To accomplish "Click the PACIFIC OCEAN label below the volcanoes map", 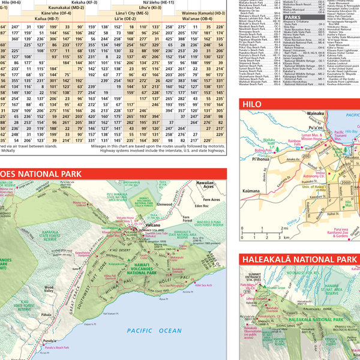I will [150, 330].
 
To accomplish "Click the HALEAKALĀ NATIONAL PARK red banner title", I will [300, 260].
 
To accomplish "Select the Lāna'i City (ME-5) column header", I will [133, 12].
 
